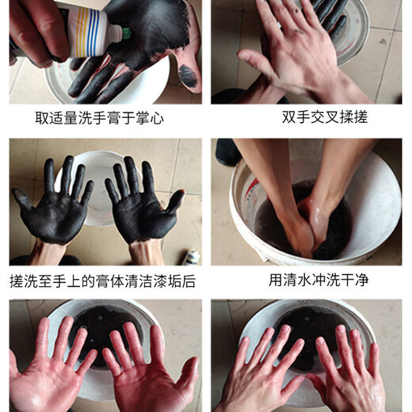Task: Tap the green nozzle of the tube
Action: click(x=124, y=33)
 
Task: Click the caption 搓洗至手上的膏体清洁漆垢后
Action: click(x=102, y=280)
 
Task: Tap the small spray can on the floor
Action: click(x=192, y=257)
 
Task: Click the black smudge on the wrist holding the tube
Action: click(x=189, y=76)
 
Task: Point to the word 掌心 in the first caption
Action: click(x=154, y=117)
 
